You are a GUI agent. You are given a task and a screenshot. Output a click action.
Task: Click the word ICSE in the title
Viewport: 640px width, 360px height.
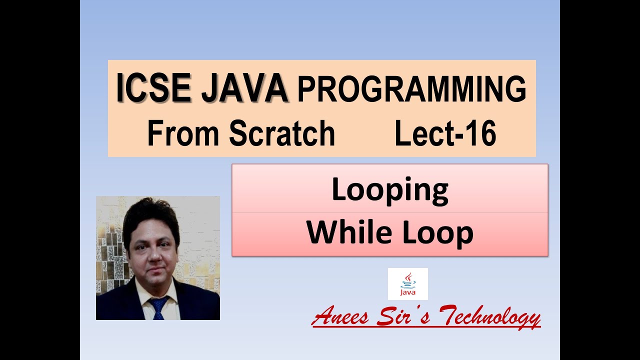[x=152, y=89]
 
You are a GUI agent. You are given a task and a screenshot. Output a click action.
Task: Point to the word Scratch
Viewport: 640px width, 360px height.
[x=282, y=133]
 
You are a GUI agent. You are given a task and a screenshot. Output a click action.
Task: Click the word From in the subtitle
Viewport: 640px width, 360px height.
[x=183, y=133]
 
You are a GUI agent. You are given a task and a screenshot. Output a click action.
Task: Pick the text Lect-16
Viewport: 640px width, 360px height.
[x=445, y=133]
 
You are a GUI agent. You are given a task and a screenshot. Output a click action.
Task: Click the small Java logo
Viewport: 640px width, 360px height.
[x=407, y=283]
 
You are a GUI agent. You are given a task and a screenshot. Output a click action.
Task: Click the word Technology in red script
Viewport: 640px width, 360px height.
[x=490, y=318]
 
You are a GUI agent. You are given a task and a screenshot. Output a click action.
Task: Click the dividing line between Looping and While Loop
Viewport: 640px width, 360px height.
[x=390, y=212]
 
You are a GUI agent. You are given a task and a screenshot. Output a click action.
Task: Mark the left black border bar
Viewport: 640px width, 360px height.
[x=40, y=180]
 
